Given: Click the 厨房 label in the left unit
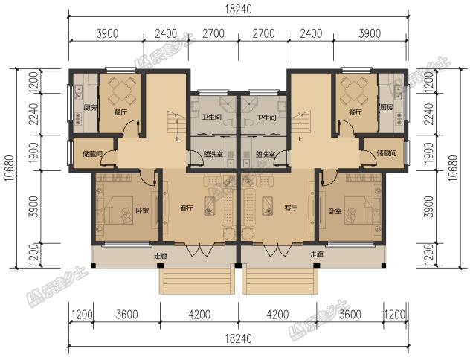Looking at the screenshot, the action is point(90,107).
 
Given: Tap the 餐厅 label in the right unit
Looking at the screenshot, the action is point(356,112).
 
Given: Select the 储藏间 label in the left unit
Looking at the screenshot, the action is point(92,153).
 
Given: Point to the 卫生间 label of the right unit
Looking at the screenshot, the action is point(266,118).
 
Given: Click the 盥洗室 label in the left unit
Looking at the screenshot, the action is point(213,154).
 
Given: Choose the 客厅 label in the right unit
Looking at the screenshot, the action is point(291,208).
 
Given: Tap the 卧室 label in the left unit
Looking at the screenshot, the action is point(142,210).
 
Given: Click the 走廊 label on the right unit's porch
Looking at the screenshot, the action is point(317,254).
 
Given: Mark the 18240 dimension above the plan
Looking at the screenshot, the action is point(238,10).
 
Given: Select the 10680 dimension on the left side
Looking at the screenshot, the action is point(10,168).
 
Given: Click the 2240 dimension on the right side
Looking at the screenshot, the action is point(428,114).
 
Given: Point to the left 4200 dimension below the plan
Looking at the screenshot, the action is point(199,315).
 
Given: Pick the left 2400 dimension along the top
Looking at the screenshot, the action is point(166,33).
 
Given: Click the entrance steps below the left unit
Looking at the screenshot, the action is point(197,281).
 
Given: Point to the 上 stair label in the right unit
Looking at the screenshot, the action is point(300,140).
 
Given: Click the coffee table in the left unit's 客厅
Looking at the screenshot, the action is point(209,206).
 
